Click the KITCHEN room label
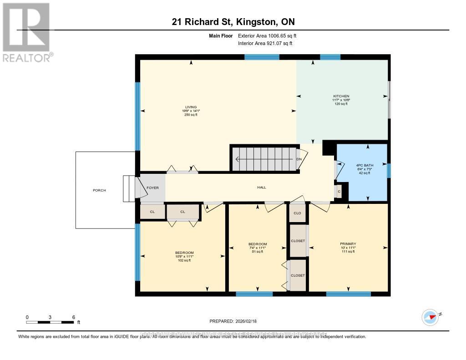[341, 96]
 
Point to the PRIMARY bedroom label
[348, 243]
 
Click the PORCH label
[99, 190]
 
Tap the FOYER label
[152, 187]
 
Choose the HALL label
[261, 187]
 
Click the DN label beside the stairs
[299, 159]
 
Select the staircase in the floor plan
[264, 159]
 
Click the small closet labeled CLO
[297, 213]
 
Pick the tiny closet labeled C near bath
[339, 192]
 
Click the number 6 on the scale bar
[73, 317]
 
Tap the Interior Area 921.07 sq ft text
[265, 43]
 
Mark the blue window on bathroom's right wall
[389, 171]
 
